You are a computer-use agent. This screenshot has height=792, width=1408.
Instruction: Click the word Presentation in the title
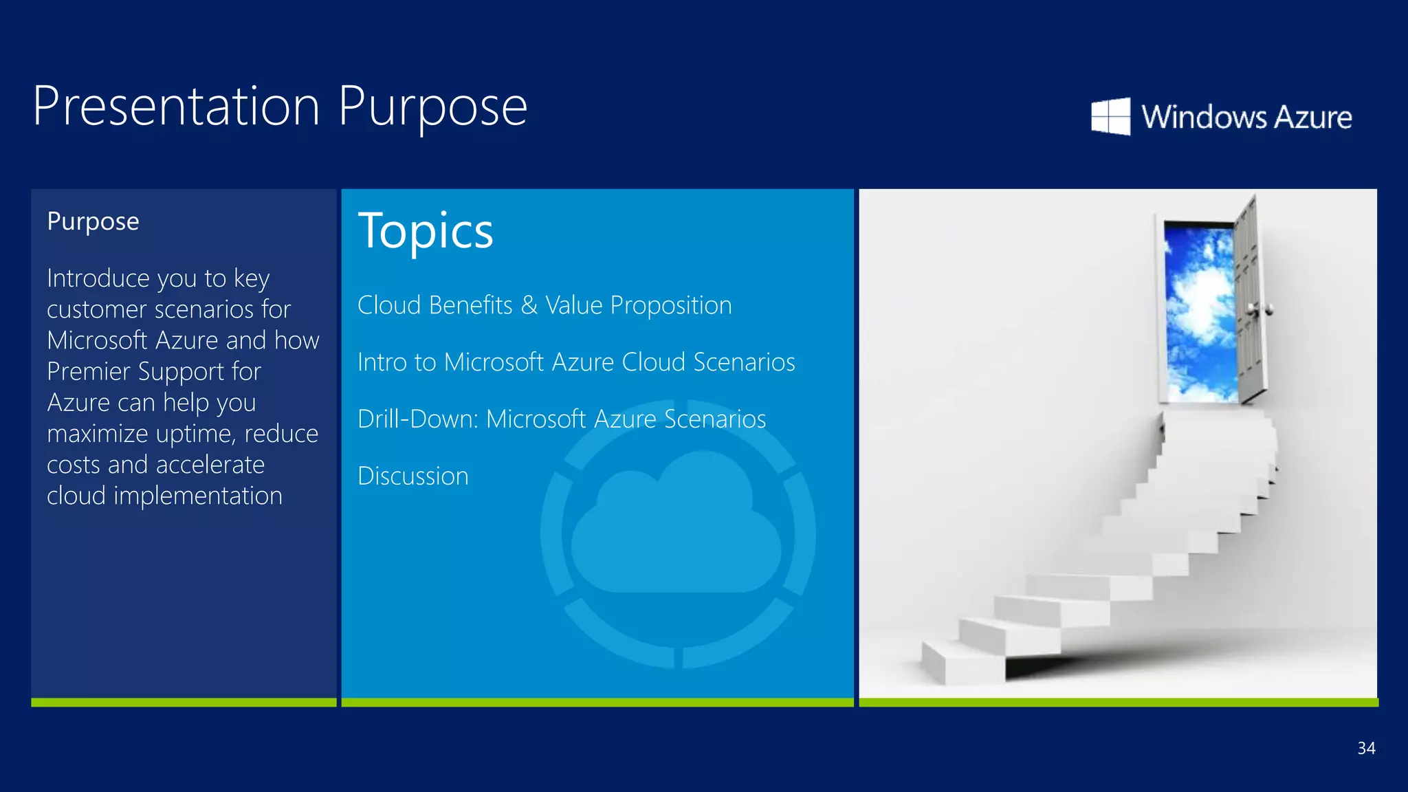(x=176, y=107)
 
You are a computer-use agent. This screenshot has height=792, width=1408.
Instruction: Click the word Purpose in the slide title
(x=432, y=108)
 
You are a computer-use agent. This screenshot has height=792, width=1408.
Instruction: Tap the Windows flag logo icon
(x=1110, y=116)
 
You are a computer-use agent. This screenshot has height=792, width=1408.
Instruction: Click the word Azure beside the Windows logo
(x=1313, y=117)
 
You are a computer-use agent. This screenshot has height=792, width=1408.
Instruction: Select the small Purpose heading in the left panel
(x=93, y=221)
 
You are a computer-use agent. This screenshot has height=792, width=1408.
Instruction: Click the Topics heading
(x=425, y=231)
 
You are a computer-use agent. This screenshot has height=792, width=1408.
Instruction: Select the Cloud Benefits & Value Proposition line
(x=544, y=305)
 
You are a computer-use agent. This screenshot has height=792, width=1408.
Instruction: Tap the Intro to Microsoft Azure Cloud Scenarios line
(x=575, y=362)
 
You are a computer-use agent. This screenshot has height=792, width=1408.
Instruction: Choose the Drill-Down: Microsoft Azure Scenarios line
(x=561, y=419)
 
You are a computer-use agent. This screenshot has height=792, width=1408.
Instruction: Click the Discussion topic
(x=412, y=476)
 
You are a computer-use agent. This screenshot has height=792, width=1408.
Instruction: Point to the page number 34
(x=1366, y=748)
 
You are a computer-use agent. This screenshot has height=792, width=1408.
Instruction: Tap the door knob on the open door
(x=1267, y=310)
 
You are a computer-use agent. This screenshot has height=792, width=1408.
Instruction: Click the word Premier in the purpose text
(x=88, y=372)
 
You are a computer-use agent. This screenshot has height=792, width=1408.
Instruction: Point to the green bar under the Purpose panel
(x=184, y=702)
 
